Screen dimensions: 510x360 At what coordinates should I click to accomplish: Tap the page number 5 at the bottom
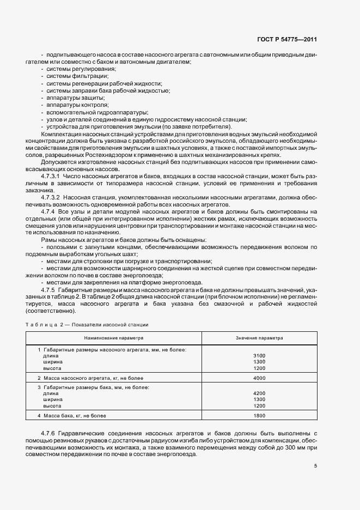tap(316, 465)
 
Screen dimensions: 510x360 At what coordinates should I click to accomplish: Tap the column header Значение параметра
tap(259, 338)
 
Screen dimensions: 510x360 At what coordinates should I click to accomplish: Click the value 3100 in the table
tap(259, 355)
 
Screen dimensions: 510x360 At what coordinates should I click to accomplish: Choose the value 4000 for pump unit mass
tap(259, 378)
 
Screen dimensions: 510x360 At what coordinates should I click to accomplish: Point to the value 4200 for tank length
tap(259, 393)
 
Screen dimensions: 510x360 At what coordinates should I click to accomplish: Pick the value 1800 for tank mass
tap(259, 416)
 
